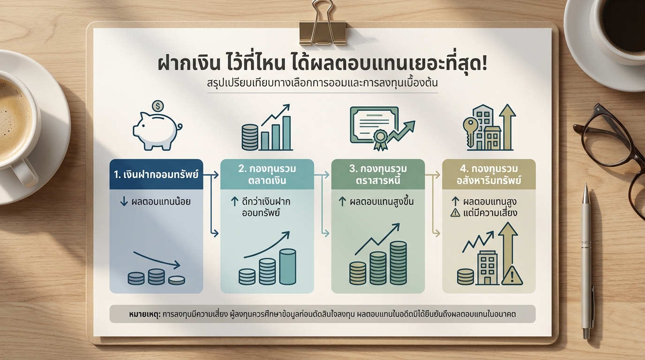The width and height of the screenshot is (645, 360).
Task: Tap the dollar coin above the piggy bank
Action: tap(158, 106)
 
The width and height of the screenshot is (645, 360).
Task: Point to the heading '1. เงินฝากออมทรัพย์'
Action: tap(156, 175)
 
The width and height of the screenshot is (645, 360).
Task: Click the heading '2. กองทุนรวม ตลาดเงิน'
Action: tap(267, 174)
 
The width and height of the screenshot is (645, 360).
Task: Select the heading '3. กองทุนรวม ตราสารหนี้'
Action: tap(378, 174)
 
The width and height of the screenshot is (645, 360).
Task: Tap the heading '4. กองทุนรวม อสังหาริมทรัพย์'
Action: tap(488, 174)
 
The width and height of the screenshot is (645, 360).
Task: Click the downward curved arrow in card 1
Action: tap(157, 260)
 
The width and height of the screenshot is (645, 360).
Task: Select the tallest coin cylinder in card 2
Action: tap(287, 266)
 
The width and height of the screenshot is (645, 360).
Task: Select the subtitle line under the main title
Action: tap(322, 85)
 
